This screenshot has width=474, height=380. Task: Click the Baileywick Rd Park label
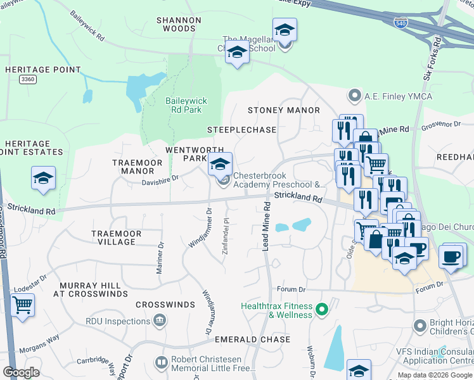pos(183,105)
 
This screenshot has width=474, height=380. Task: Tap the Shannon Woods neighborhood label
pos(179,24)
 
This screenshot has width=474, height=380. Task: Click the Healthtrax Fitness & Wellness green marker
pos(322,310)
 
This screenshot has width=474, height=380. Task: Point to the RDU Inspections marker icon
pos(160,321)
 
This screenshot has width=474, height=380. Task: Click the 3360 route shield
pos(28,79)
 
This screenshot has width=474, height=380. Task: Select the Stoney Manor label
pos(283,110)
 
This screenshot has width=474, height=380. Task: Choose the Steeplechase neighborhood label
pos(242,130)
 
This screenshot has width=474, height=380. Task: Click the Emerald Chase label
pos(252,339)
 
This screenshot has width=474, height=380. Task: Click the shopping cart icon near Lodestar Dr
pos(23,305)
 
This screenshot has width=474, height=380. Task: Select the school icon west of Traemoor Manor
pos(43,177)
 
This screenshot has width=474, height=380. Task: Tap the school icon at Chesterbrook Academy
pos(220,164)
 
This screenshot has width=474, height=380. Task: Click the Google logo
pos(22,372)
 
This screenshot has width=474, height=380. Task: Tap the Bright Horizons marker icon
pos(418,326)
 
